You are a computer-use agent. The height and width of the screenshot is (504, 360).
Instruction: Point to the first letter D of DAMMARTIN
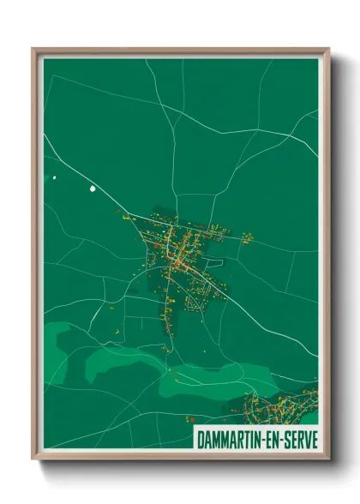(x=200, y=440)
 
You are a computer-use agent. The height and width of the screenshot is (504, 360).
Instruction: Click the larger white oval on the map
(x=93, y=188)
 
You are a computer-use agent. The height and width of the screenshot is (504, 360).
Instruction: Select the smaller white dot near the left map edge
(x=54, y=177)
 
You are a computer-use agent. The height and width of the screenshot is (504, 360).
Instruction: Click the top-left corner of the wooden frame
(x=33, y=49)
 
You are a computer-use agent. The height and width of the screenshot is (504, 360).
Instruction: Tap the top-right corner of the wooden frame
(x=328, y=49)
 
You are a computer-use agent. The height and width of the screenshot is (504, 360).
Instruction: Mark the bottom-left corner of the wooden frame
(x=33, y=459)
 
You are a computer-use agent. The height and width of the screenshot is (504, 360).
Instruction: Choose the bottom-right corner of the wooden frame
(x=328, y=459)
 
